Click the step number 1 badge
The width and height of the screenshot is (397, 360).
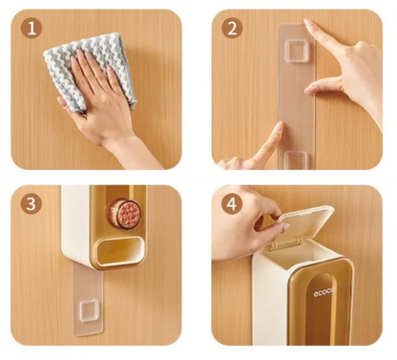tap(31, 29)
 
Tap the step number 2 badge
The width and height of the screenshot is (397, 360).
tap(232, 29)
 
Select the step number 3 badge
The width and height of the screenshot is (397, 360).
tap(31, 203)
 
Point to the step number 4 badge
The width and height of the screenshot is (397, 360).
tap(232, 203)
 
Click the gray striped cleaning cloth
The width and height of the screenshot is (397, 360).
tap(91, 70)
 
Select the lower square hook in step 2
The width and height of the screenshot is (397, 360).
tap(296, 159)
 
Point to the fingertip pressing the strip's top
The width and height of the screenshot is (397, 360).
tap(308, 23)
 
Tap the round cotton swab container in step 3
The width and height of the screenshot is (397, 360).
tap(125, 213)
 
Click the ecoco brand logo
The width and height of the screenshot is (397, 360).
tap(324, 292)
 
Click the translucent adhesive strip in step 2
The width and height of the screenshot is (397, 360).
tap(297, 95)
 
